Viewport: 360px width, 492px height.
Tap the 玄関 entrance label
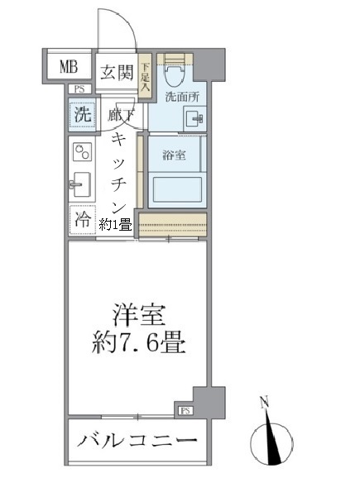[118, 73]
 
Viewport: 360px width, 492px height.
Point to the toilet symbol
[174, 75]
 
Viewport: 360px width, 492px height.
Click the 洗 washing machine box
[82, 116]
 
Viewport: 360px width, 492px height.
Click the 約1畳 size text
[116, 223]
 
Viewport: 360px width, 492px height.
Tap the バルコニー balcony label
[137, 440]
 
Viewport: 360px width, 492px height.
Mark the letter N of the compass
[264, 404]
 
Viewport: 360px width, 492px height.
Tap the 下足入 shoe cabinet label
[146, 76]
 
